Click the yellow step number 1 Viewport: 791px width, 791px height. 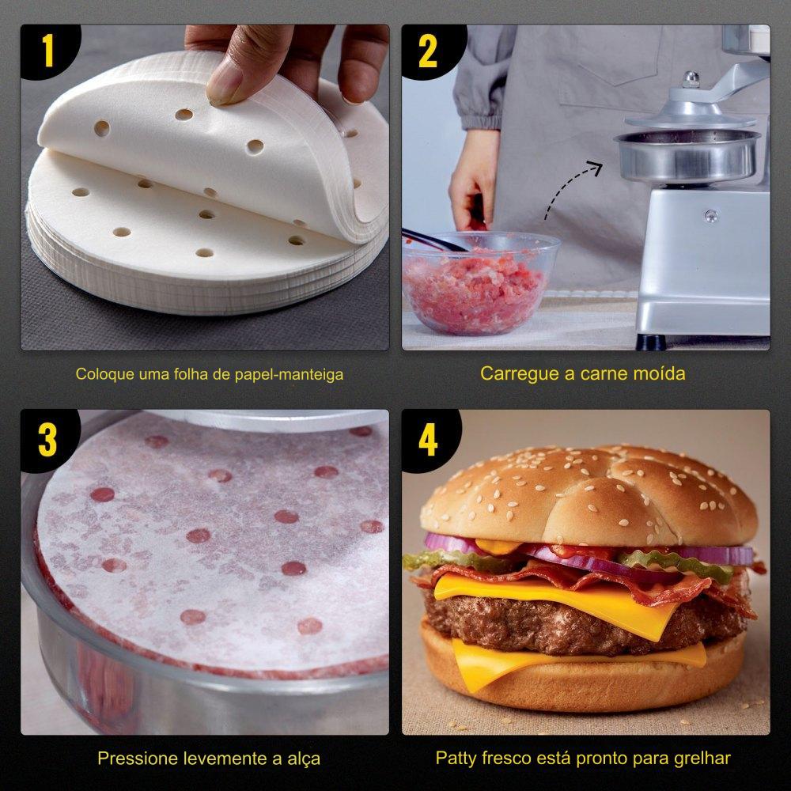tap(48, 51)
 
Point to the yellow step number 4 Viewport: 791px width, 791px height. tap(428, 440)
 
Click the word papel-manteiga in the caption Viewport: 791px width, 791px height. tap(289, 375)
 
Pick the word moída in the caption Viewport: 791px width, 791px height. tap(660, 373)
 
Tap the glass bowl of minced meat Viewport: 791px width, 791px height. tap(479, 283)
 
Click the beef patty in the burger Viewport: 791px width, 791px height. tap(580, 622)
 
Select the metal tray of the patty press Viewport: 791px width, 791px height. tap(687, 155)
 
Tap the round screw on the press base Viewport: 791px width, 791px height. tap(711, 215)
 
